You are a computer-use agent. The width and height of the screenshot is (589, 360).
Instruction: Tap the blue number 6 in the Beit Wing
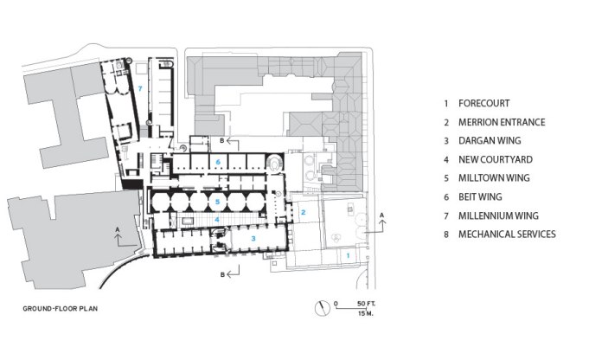(x=219, y=162)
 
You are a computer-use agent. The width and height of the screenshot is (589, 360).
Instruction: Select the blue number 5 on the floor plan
(x=219, y=202)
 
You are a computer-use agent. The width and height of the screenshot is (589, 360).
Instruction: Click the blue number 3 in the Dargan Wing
(x=253, y=236)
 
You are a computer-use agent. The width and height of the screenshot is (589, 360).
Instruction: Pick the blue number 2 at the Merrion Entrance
(x=303, y=210)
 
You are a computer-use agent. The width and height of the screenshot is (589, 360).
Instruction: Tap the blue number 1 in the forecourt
(x=348, y=255)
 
